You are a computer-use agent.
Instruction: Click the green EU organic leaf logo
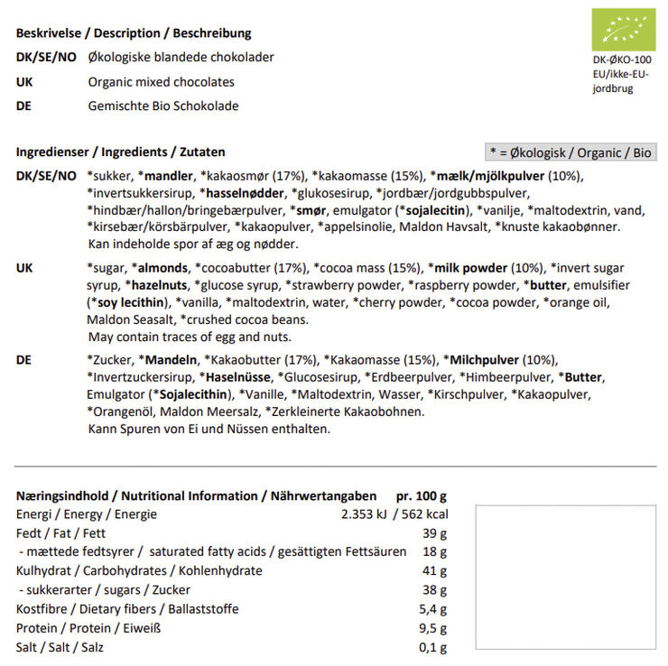623,30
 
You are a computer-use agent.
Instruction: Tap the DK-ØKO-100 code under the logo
623,61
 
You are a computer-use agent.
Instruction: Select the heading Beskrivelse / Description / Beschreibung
134,33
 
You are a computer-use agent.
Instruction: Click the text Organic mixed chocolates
162,82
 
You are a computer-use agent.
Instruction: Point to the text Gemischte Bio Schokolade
163,106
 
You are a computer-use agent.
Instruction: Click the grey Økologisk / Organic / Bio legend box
571,153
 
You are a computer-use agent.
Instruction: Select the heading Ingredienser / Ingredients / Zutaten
121,153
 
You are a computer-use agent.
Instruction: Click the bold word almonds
160,268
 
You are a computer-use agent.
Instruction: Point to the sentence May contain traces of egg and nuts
190,338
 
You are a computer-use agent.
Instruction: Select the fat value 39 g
435,533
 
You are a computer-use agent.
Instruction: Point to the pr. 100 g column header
422,495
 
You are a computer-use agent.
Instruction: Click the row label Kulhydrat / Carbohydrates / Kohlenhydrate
140,571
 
